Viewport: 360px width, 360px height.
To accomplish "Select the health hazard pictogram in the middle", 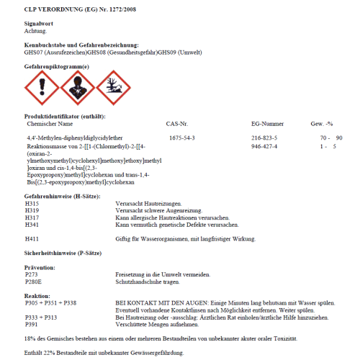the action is coord(77,87).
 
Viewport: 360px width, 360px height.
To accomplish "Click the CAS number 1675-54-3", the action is coord(181,137).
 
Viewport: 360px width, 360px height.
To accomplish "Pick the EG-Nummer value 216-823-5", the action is coord(264,137).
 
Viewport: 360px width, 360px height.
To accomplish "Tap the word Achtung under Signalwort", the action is coord(36,31).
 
